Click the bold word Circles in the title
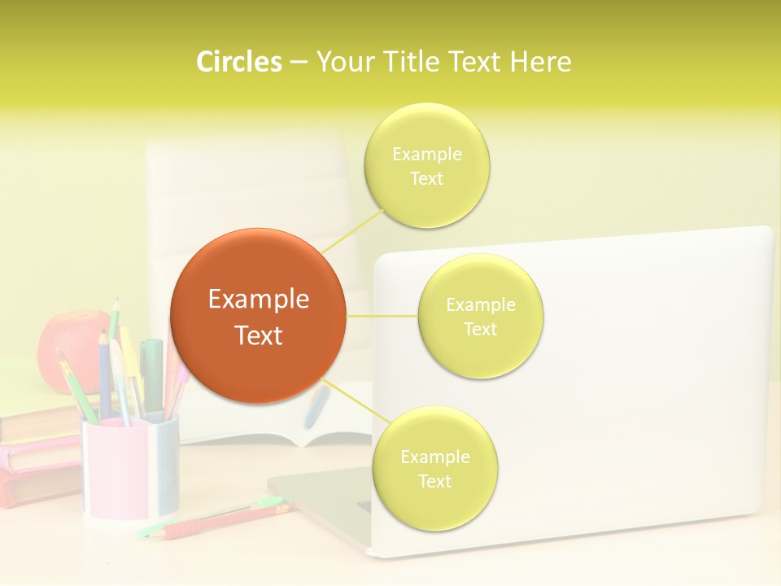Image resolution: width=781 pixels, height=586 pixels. pos(238,62)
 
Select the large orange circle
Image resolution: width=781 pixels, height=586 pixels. pos(258,316)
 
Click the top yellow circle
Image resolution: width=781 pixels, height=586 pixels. pos(426,165)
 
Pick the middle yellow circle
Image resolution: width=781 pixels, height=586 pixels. pos(480,316)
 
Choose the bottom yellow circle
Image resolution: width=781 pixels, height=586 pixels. pos(434,468)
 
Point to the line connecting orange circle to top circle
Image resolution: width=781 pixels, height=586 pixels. pos(353,231)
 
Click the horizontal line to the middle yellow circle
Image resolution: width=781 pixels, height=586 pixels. pos(382,316)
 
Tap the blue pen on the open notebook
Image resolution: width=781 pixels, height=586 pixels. pos(316,407)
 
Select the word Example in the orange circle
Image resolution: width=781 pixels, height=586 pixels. pos(258,300)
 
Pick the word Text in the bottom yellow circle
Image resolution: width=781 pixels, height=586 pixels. pos(434,481)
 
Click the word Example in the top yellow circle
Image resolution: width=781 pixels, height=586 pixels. pos(426,154)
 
